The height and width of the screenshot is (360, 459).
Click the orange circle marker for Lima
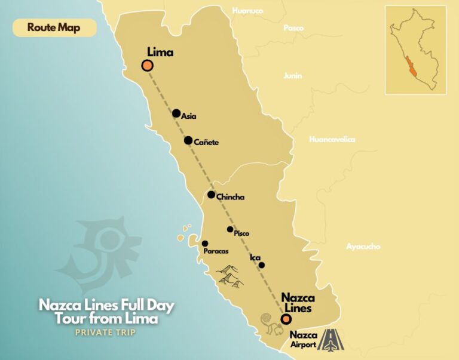point(147,66)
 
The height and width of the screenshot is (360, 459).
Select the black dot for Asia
point(176,113)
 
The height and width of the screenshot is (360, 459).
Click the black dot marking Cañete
point(188,141)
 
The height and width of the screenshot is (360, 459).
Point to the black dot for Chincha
point(212,195)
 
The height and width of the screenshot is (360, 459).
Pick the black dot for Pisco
point(230,229)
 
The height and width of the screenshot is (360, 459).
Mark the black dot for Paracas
point(205,244)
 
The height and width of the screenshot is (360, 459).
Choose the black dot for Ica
point(261,265)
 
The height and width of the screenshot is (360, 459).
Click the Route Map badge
point(54,27)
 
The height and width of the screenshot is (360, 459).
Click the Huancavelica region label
point(332,140)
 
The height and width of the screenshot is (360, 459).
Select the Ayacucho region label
point(363,246)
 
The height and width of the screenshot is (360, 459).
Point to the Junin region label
point(293,76)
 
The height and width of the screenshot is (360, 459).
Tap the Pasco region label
point(293,28)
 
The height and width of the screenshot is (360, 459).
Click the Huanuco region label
point(247,10)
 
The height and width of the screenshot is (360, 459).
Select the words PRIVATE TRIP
point(105,333)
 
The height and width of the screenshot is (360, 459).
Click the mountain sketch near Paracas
point(229,275)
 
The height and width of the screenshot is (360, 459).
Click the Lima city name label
point(160,53)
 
